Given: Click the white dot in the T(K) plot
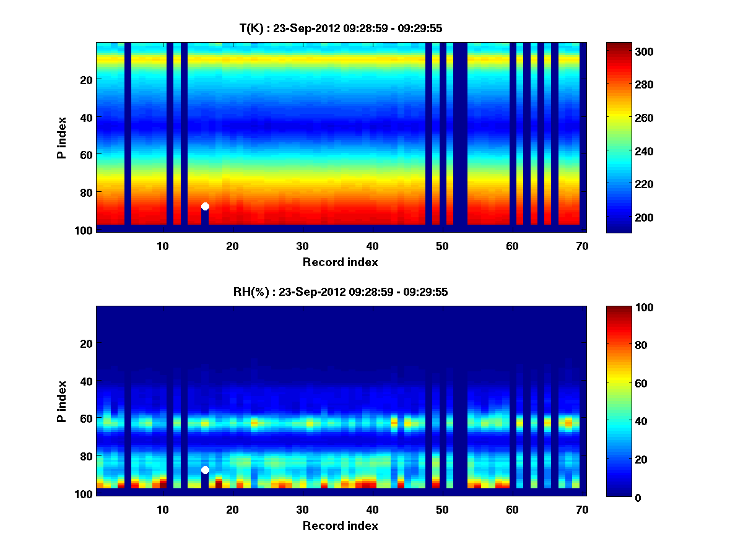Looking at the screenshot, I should tap(205, 206).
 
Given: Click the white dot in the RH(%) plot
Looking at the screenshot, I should tap(205, 470).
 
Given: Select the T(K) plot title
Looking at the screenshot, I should tap(341, 28).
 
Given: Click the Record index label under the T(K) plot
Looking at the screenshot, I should tap(341, 262).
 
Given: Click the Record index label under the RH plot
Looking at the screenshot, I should tap(341, 525).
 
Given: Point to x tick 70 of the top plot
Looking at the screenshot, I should tap(582, 246).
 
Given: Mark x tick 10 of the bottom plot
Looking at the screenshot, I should tap(163, 509).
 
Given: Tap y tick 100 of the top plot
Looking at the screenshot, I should tap(84, 230).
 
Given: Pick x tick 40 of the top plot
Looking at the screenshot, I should tap(372, 246).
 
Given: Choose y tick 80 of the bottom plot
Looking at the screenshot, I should tap(86, 456).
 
